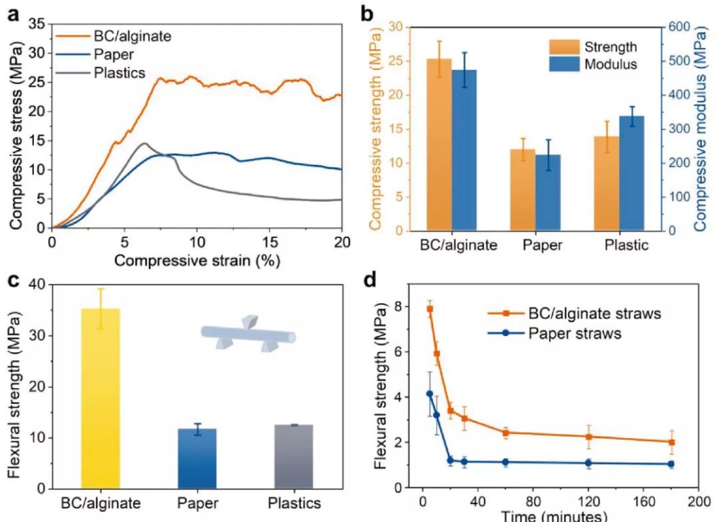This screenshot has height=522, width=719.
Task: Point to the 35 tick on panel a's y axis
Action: click(x=37, y=24)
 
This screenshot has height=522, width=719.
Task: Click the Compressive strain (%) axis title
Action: click(x=196, y=260)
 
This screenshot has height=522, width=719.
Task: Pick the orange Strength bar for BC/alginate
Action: click(x=439, y=145)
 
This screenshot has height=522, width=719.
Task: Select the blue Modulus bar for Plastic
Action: click(x=632, y=173)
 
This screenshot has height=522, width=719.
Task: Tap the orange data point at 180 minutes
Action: click(x=672, y=442)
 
